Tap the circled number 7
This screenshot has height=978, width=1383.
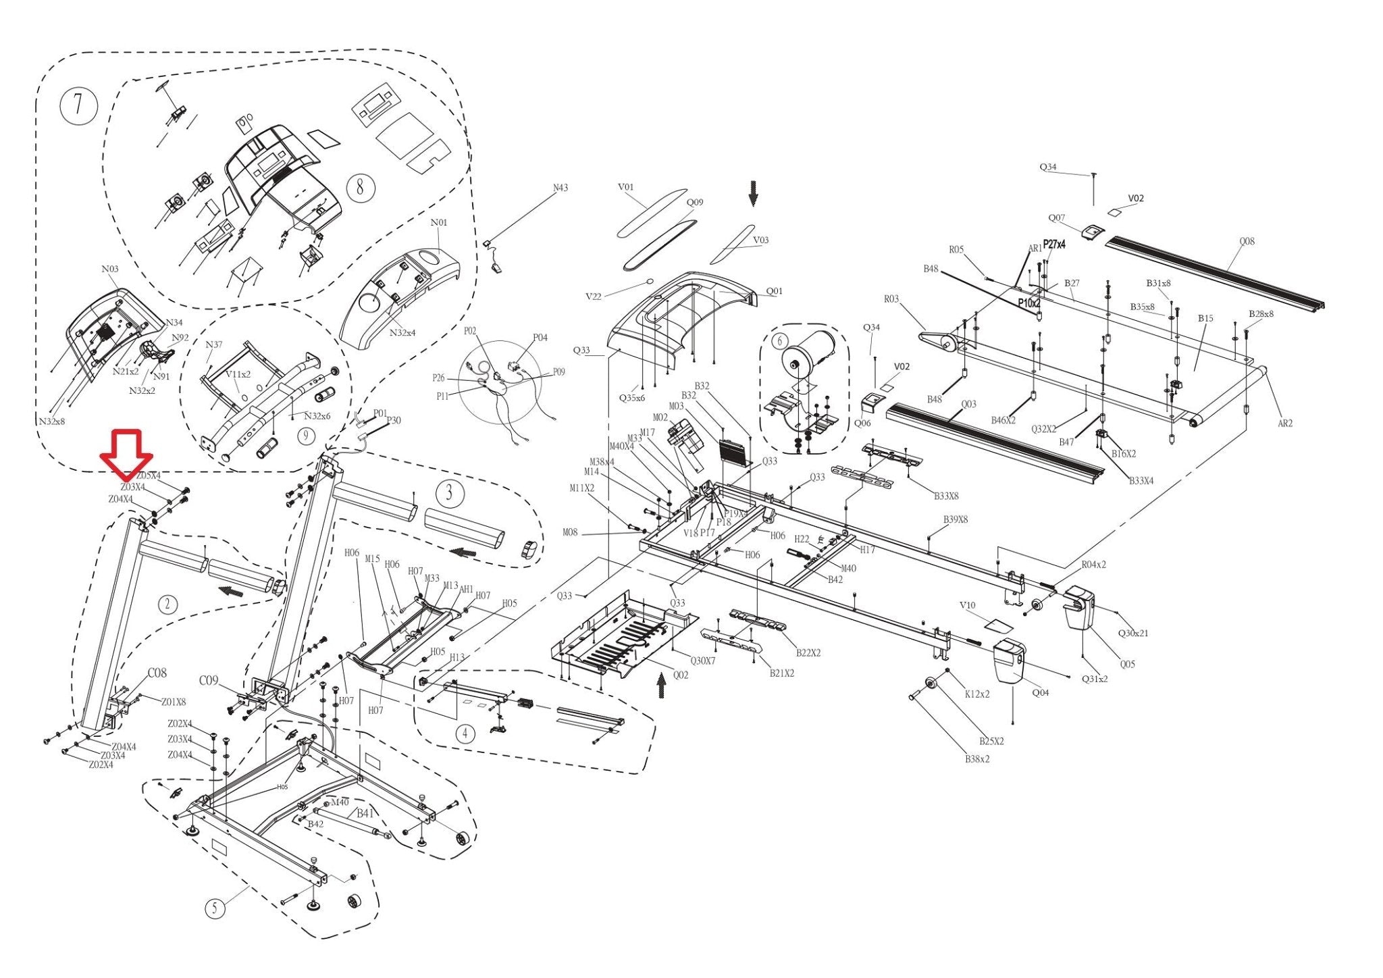click(x=78, y=105)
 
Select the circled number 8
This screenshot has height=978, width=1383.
click(x=360, y=186)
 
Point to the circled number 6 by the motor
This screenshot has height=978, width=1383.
click(x=780, y=342)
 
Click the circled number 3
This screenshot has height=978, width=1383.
click(x=450, y=493)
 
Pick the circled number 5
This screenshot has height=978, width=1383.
click(x=215, y=908)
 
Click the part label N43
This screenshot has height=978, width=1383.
click(x=560, y=188)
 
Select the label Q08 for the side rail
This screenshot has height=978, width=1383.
click(x=1247, y=241)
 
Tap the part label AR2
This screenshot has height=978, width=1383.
click(x=1285, y=423)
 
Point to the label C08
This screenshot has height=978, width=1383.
click(x=157, y=673)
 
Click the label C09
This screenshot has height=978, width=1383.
click(x=209, y=680)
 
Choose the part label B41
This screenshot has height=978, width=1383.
click(x=365, y=813)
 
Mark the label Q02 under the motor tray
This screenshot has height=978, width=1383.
click(x=680, y=675)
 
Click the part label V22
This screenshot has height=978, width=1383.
click(x=594, y=297)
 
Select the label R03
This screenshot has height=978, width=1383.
click(x=891, y=299)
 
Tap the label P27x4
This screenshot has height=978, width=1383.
click(x=1054, y=244)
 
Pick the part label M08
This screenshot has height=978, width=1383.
click(x=571, y=532)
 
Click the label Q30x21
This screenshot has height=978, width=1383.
click(x=1133, y=633)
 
